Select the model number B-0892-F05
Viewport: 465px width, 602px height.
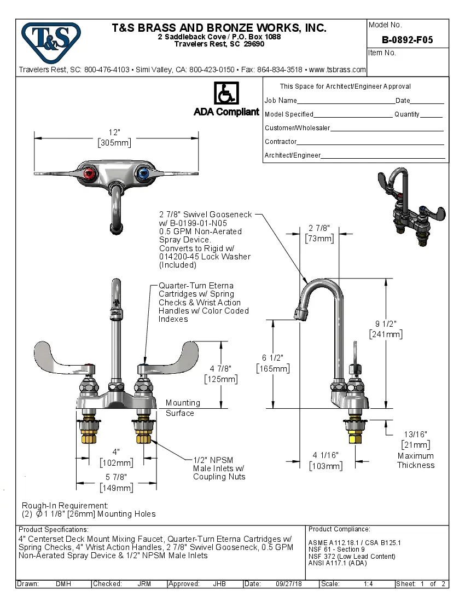click(x=408, y=40)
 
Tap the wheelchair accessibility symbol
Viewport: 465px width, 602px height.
click(x=226, y=94)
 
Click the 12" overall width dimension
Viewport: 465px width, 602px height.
click(x=114, y=132)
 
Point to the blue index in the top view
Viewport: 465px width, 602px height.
click(x=143, y=175)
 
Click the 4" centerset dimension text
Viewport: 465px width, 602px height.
click(x=115, y=452)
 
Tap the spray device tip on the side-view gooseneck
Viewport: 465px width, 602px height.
click(x=299, y=314)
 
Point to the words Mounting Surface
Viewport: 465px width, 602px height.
click(x=183, y=408)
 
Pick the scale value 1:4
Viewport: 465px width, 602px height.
click(x=368, y=584)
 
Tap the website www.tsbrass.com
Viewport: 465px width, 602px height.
click(x=337, y=70)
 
